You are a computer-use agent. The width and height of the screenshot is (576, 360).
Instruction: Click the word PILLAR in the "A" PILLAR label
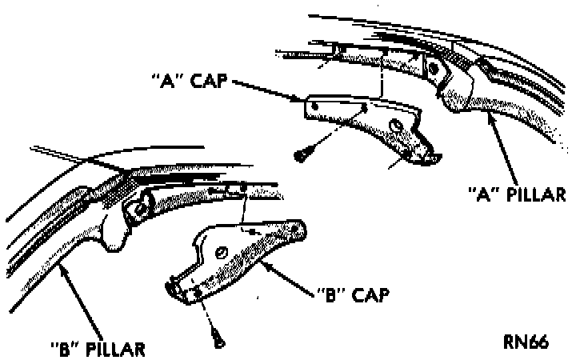[x=538, y=194]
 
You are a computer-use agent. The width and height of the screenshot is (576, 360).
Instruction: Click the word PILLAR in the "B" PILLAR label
[x=116, y=349]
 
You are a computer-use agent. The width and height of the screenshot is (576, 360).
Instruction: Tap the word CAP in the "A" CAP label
[x=211, y=83]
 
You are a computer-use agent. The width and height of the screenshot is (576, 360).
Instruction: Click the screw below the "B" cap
[x=217, y=338]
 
